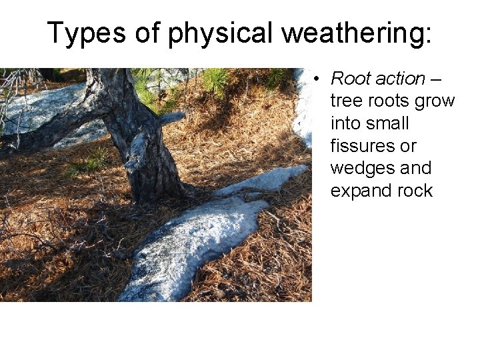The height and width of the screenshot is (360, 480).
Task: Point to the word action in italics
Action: pos(400,79)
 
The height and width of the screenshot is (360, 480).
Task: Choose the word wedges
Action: pos(363,169)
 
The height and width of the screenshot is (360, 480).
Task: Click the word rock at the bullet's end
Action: pos(415,191)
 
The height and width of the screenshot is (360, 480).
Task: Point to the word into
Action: pos(344,124)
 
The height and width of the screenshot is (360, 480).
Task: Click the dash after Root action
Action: pos(436,79)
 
